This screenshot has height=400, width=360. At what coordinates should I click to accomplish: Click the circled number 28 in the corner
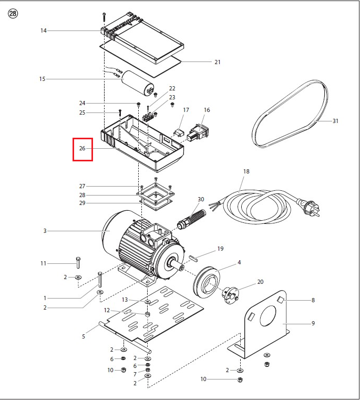tap(13, 13)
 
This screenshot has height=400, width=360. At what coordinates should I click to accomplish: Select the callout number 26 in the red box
tap(82, 148)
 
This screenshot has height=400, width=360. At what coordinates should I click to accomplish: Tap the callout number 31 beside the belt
tap(335, 121)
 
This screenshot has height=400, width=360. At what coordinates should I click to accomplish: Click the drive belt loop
tap(290, 114)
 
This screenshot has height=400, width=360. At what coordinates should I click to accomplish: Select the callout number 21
tap(218, 62)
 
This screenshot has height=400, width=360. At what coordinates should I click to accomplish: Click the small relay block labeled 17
tap(178, 132)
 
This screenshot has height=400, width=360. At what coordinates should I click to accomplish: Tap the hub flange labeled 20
tap(231, 295)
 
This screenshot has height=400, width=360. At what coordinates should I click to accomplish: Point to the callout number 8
tap(313, 300)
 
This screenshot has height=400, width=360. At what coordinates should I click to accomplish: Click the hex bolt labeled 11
tap(78, 263)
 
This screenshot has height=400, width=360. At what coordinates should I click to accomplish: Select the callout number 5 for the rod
tap(84, 337)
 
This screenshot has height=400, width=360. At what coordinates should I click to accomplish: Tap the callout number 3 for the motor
tap(45, 231)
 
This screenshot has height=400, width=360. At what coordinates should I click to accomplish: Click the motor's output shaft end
tap(182, 268)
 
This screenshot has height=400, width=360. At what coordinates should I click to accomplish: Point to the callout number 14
tap(44, 30)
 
